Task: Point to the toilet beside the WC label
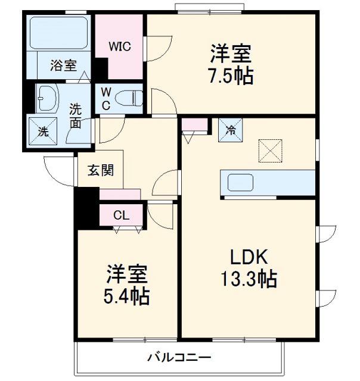click(130, 97)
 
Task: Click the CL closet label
click(121, 216)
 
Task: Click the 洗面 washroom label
click(76, 116)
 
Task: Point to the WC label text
click(105, 98)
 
